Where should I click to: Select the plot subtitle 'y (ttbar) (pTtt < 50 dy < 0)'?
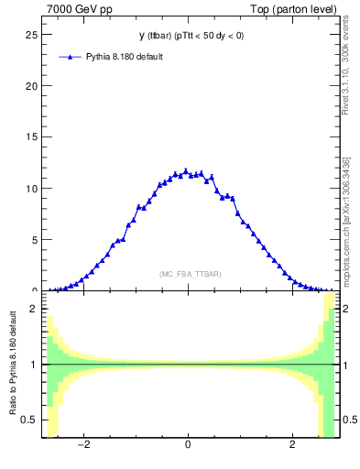(191, 36)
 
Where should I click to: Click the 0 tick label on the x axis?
(188, 446)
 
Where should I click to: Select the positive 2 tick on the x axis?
(292, 446)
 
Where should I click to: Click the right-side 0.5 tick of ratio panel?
(347, 420)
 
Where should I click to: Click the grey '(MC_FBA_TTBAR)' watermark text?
(190, 274)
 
